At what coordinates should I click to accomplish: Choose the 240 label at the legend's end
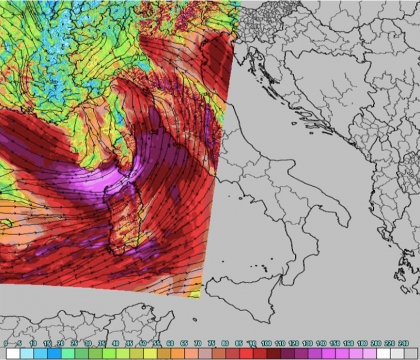[x=405, y=343]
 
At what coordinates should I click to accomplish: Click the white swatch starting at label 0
[x=13, y=353]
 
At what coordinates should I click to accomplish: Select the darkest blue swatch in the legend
[x=54, y=353]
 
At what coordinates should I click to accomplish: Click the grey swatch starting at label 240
[x=411, y=353]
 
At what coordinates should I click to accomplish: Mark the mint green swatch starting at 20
[x=67, y=353]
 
